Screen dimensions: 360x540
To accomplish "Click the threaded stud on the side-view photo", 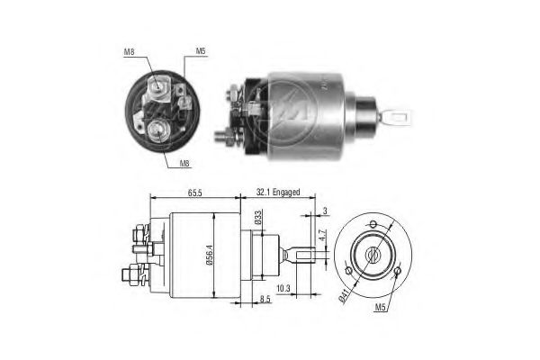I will coord(223,138).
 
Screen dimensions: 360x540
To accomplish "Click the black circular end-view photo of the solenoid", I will coord(159,112).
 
